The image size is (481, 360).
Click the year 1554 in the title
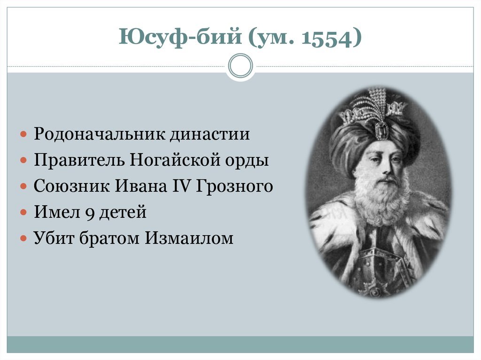click(327, 38)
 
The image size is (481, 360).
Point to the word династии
click(209, 135)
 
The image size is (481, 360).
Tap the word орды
click(251, 161)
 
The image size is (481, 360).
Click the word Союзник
click(70, 186)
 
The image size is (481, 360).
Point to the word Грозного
click(233, 186)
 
